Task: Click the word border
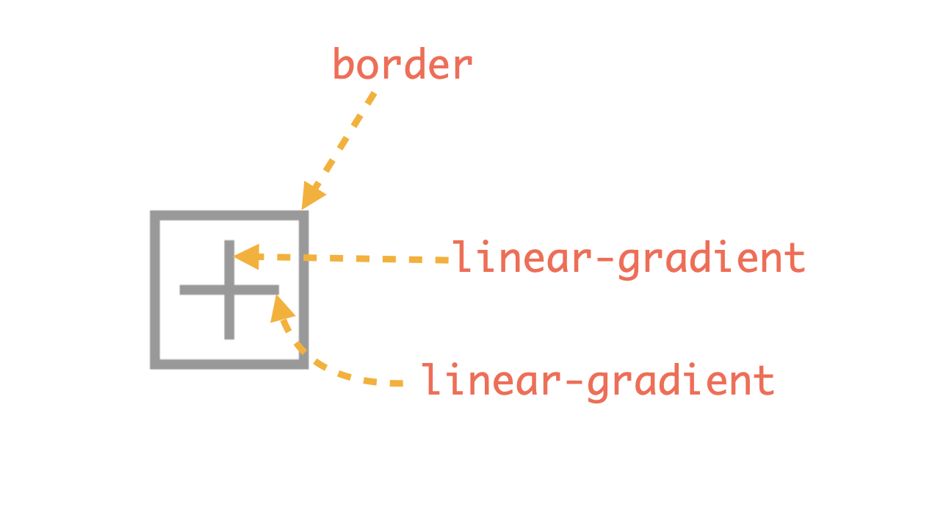(403, 65)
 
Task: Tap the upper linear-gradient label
(629, 259)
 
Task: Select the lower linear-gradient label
(598, 381)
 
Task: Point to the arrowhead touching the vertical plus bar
(245, 257)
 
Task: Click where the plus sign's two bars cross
(229, 290)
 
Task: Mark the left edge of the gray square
(154, 290)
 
